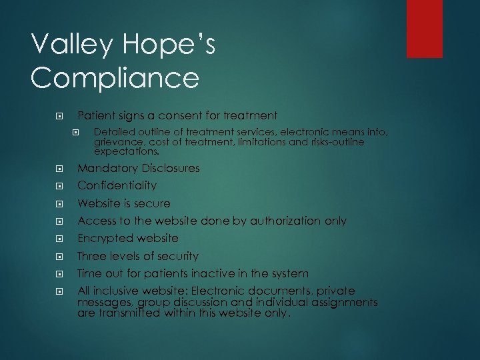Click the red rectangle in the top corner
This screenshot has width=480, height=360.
pyautogui.click(x=425, y=28)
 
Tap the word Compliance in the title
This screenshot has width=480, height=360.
pyautogui.click(x=115, y=79)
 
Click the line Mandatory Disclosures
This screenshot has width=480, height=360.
pyautogui.click(x=138, y=168)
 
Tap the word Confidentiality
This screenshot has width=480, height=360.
pyautogui.click(x=117, y=185)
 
